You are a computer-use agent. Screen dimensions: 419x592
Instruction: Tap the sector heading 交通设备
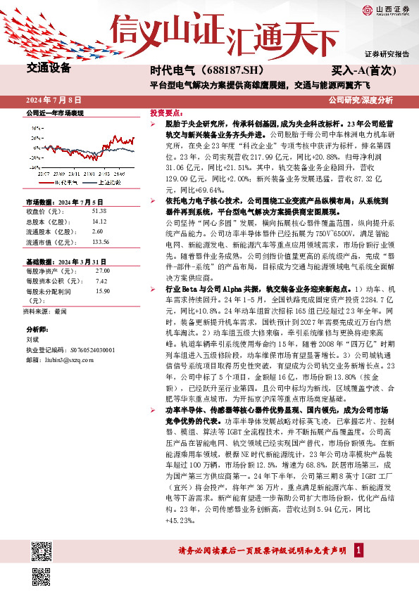coord(49,69)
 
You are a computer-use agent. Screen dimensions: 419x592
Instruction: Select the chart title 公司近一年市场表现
coord(55,113)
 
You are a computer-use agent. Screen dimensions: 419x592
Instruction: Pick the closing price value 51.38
coord(99,211)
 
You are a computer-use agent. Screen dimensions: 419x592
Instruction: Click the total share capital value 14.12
coord(99,220)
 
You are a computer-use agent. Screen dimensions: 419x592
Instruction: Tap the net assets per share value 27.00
coord(102,270)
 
